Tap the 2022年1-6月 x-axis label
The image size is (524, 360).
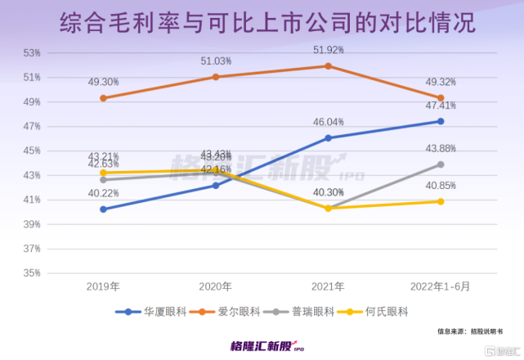pyautogui.click(x=440, y=287)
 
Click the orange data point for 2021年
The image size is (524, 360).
pyautogui.click(x=329, y=65)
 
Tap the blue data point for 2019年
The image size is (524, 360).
pyautogui.click(x=104, y=209)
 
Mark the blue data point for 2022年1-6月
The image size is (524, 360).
pyautogui.click(x=441, y=121)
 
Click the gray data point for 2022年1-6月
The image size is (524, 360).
pyautogui.click(x=441, y=164)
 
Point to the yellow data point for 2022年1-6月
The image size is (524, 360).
pyautogui.click(x=441, y=201)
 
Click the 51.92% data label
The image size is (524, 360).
pyautogui.click(x=329, y=50)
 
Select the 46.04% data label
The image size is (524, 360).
pyautogui.click(x=329, y=121)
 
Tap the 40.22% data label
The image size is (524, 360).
pyautogui.click(x=104, y=193)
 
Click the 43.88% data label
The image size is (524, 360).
pyautogui.click(x=441, y=149)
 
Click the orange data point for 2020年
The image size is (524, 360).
pyautogui.click(x=216, y=77)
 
